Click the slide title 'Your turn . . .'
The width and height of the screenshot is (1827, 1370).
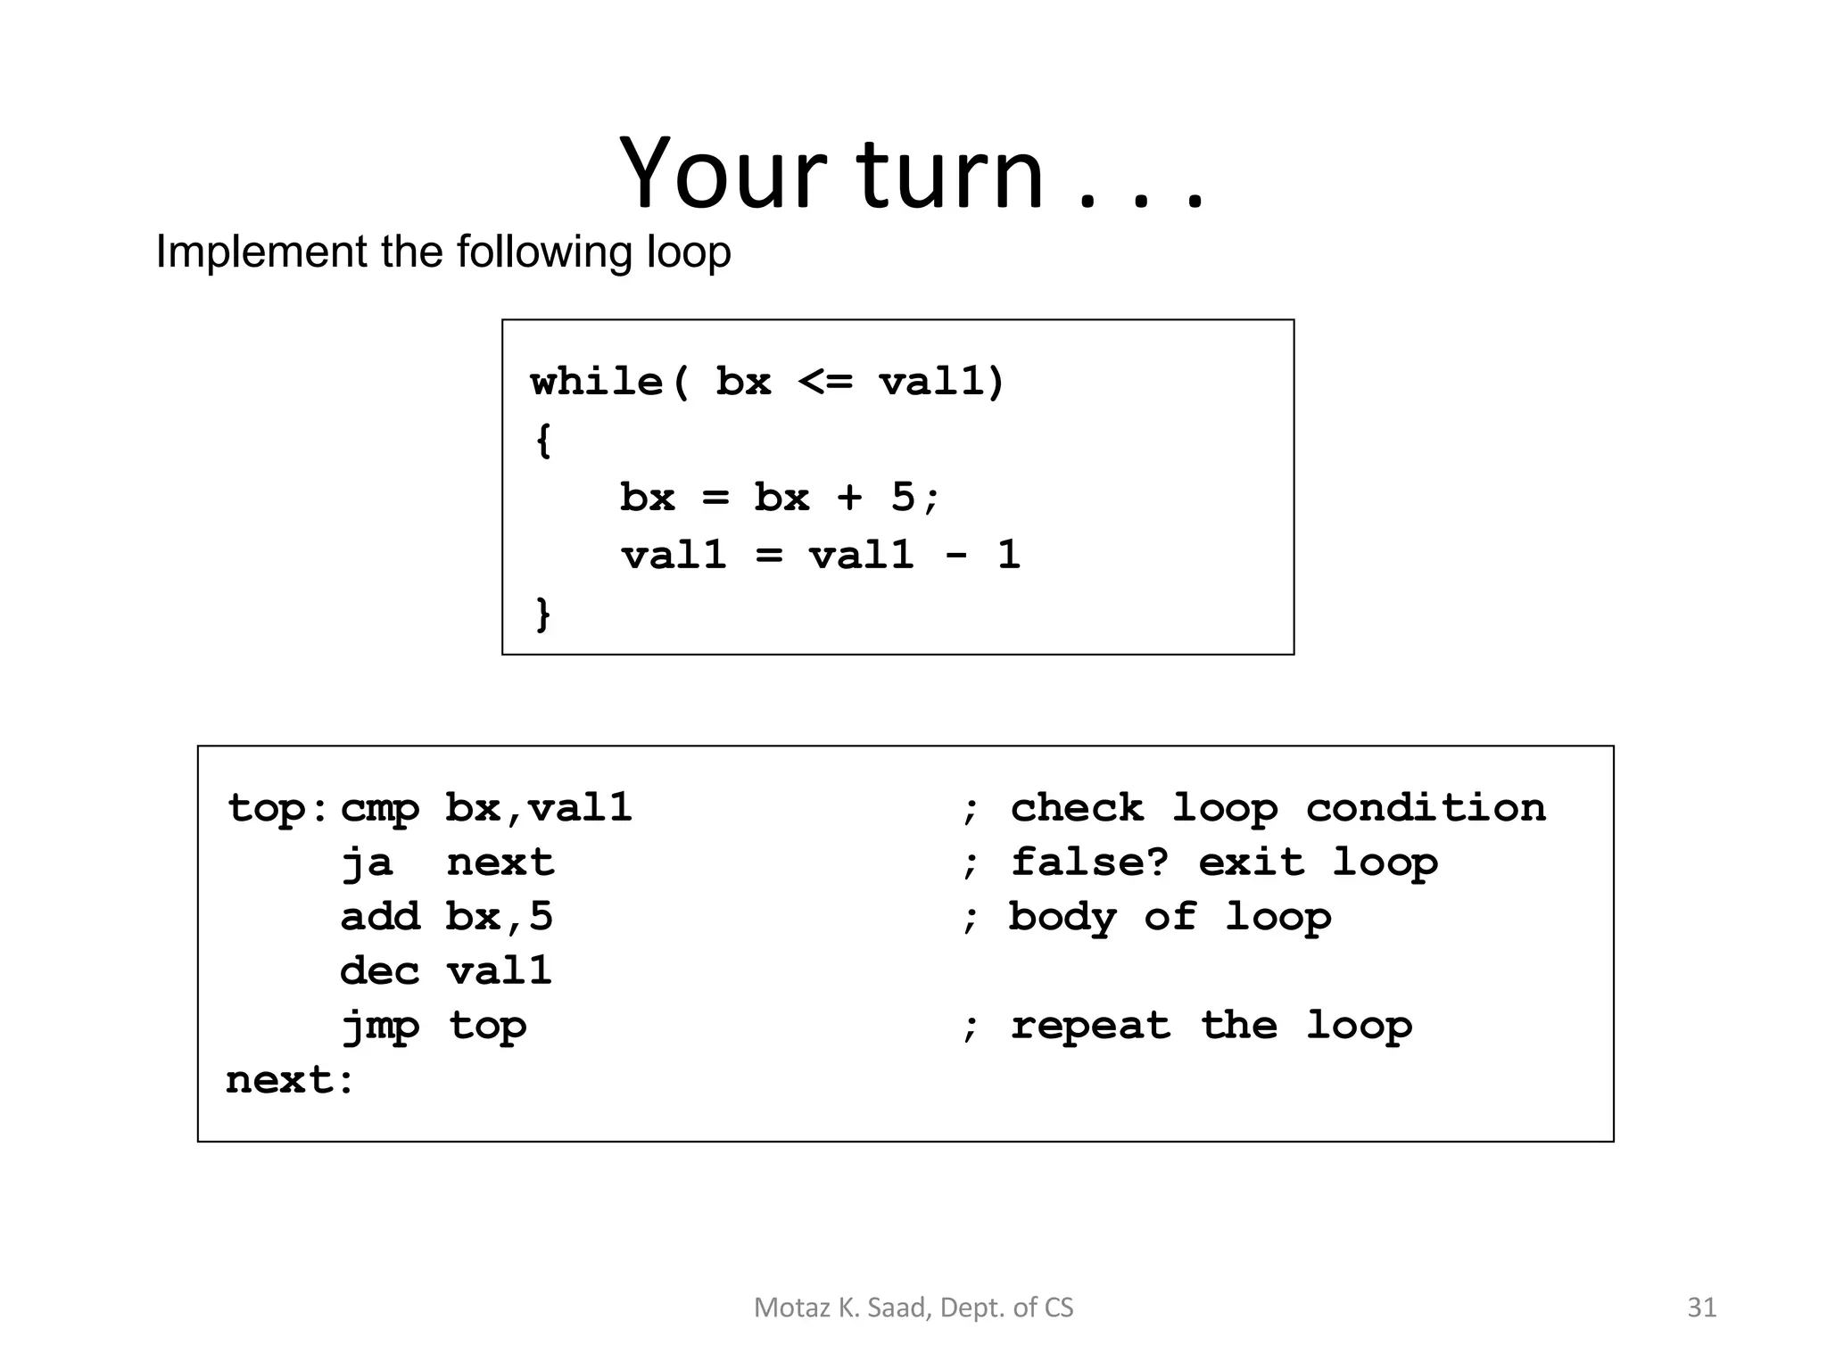pos(912,173)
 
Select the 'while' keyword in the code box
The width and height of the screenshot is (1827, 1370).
pos(596,382)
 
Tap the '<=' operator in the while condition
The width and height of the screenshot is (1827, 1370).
pos(825,382)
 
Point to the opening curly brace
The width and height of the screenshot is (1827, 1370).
pos(543,440)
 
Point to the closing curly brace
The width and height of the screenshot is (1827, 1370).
pos(543,614)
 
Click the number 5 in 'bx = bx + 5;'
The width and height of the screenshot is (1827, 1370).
pos(902,497)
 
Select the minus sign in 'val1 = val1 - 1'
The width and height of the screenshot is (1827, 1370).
pos(955,555)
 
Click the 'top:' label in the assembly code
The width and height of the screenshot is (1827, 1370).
pos(277,809)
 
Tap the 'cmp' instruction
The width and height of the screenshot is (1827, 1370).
pos(379,809)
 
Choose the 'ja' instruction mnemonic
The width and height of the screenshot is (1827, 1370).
pos(367,863)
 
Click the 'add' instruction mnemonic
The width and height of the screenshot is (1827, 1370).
pos(379,917)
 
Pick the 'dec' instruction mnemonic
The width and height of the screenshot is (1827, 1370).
pos(379,971)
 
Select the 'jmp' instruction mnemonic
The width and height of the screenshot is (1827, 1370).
pos(379,1026)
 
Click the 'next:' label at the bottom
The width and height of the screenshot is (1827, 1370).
pos(290,1080)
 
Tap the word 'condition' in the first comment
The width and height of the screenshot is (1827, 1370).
pos(1425,808)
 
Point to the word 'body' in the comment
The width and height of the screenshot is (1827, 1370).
pos(1062,917)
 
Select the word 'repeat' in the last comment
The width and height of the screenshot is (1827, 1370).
pos(1089,1026)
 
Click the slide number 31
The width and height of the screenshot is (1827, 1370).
pos(1701,1307)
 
